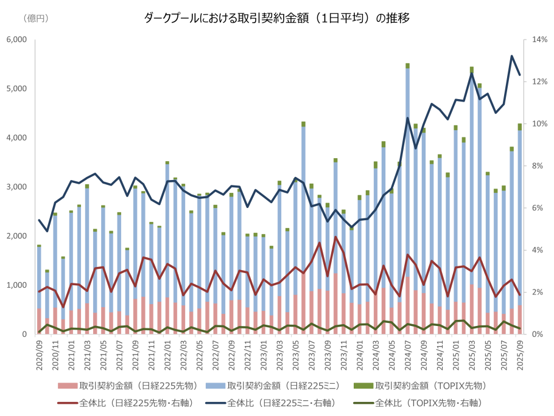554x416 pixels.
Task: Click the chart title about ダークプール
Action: pyautogui.click(x=276, y=18)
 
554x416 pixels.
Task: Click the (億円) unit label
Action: pyautogui.click(x=36, y=18)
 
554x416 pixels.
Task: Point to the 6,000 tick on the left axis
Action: pyautogui.click(x=16, y=40)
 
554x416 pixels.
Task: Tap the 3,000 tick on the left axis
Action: pyautogui.click(x=16, y=187)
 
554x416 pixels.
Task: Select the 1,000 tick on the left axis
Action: pyautogui.click(x=16, y=285)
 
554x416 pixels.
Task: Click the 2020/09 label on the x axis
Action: pyautogui.click(x=39, y=353)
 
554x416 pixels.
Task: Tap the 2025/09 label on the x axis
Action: pyautogui.click(x=519, y=353)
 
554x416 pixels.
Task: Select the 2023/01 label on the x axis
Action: pyautogui.click(x=263, y=353)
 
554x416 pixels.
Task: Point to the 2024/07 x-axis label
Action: pyautogui.click(x=407, y=353)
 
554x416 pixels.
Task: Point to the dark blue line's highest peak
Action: pyautogui.click(x=511, y=56)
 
